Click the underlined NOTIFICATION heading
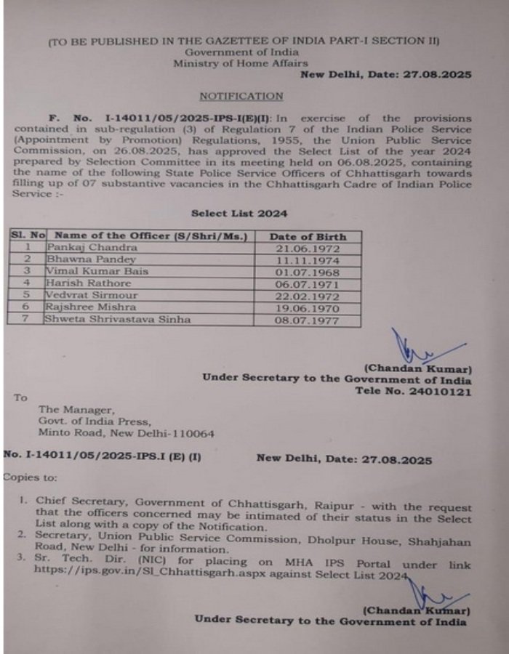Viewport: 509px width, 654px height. [241, 95]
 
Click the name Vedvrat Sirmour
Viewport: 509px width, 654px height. [90, 295]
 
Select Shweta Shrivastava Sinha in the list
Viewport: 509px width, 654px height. [117, 319]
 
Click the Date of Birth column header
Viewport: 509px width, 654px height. [308, 236]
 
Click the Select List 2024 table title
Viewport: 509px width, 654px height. [239, 214]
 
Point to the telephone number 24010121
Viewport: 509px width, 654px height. [442, 392]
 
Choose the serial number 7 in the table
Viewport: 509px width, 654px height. [27, 319]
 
